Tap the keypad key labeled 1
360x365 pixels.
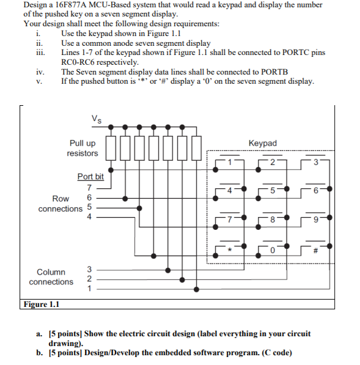[230, 162]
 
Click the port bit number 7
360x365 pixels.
[89, 188]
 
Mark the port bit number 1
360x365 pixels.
[89, 290]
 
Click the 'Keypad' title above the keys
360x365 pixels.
[263, 143]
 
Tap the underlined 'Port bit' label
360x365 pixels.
[90, 177]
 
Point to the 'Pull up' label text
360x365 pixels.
[82, 143]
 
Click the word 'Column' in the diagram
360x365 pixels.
[51, 271]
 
